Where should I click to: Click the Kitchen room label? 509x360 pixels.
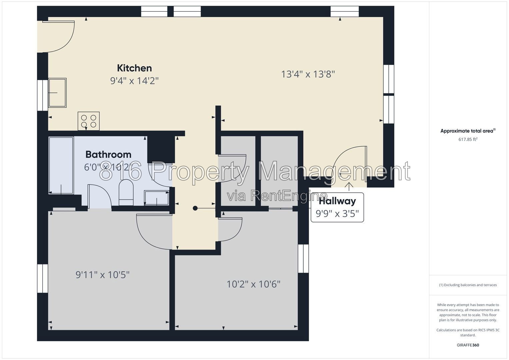[134, 68]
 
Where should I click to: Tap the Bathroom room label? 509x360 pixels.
[108, 155]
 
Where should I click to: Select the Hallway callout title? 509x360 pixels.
[337, 201]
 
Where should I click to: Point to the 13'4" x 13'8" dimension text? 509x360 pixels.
[308, 74]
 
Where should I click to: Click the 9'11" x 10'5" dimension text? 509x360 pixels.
[102, 275]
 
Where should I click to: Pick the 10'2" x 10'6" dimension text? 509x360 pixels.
[254, 284]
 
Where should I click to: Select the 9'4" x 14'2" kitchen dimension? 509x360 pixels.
[134, 81]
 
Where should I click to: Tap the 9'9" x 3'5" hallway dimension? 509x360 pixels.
[337, 214]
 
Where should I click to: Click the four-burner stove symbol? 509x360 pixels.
[89, 121]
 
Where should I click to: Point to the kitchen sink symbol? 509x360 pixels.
[57, 93]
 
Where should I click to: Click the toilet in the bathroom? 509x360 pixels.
[126, 192]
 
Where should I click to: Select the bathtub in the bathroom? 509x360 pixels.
[61, 165]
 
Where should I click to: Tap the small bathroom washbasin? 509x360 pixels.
[156, 198]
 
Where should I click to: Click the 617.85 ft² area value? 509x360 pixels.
[468, 139]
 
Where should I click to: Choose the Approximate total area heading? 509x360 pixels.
[468, 131]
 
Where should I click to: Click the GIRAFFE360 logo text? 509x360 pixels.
[468, 345]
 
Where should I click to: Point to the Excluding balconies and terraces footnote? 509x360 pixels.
[468, 285]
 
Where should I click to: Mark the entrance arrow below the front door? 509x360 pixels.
[349, 187]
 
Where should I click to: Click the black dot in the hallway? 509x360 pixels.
[195, 208]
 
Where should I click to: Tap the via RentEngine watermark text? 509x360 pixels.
[277, 196]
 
